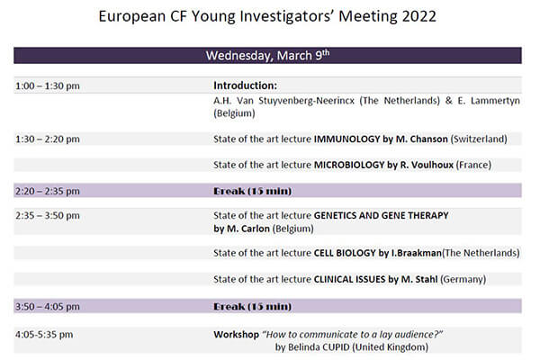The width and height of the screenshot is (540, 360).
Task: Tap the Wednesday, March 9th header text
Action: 267,56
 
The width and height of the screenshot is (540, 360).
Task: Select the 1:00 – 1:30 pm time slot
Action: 48,85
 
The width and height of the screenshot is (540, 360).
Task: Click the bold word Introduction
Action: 245,85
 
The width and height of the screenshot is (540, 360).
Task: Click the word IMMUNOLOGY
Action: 346,139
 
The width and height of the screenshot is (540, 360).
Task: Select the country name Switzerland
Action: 479,139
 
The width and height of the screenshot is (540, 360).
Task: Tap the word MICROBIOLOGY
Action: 349,165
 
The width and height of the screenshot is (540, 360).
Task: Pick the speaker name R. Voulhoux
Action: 427,165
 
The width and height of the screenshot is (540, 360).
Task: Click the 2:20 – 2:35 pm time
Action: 48,191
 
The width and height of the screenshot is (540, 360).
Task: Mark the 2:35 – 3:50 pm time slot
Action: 48,216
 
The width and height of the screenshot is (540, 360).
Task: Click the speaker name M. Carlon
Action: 248,229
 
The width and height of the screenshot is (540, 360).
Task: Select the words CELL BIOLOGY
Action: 345,253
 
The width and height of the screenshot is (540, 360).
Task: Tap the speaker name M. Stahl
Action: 419,279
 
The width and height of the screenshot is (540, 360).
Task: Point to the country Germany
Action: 463,279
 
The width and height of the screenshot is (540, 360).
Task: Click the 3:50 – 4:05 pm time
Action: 48,306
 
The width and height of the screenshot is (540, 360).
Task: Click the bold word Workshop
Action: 236,335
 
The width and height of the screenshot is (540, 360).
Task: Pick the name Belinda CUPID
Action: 319,346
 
